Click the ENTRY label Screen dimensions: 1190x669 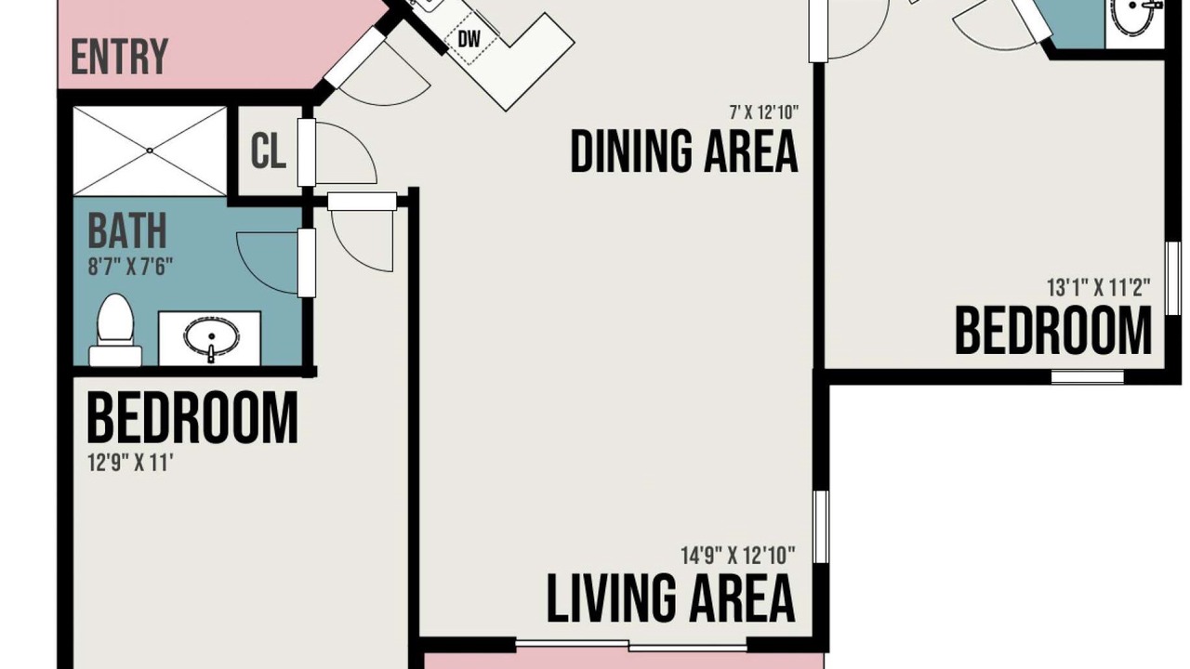(x=120, y=57)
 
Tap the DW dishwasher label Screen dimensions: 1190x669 (x=469, y=39)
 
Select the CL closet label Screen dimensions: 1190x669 (x=269, y=151)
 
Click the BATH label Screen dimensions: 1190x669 (x=127, y=230)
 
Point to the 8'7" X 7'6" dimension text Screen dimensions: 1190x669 (x=131, y=267)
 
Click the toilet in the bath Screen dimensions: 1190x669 (x=115, y=330)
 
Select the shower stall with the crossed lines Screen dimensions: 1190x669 (x=150, y=151)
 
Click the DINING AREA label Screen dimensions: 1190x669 (x=684, y=151)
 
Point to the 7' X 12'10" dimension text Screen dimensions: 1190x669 (x=764, y=112)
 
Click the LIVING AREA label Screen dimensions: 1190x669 (x=671, y=598)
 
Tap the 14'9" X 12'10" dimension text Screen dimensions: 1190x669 (x=738, y=556)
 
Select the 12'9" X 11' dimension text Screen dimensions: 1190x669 (x=131, y=463)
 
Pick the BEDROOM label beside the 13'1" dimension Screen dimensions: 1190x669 (x=1053, y=332)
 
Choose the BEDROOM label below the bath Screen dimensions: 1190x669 (x=192, y=417)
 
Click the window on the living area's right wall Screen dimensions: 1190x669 (x=821, y=527)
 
